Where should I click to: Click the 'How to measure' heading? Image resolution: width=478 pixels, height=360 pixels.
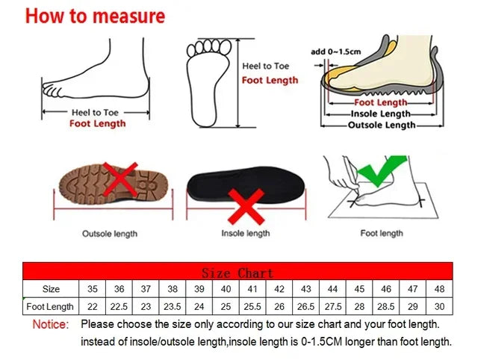point(95,16)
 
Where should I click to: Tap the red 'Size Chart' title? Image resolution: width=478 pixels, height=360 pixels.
point(238,273)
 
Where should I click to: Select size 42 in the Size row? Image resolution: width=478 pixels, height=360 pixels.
point(279,289)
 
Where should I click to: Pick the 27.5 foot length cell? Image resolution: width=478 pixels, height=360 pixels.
point(332,306)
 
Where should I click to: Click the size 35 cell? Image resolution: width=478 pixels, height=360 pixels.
point(92,289)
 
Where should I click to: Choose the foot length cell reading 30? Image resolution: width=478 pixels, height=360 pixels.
point(439,306)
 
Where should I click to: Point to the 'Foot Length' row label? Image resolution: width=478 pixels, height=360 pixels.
point(50,306)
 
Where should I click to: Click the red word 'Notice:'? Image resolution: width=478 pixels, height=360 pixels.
point(51,324)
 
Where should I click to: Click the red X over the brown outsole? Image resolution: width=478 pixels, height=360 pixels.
point(121,179)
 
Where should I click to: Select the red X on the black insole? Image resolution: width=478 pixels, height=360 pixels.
point(246,206)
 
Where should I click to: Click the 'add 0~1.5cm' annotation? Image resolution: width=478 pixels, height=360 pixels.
point(335,52)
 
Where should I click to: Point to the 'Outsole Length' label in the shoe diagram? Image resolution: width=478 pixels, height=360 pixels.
point(382,125)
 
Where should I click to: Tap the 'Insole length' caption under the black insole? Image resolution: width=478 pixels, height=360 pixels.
point(246,234)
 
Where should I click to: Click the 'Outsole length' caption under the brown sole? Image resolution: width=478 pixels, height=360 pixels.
point(110,234)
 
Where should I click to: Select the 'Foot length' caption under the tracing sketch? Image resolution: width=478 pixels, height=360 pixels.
point(382,234)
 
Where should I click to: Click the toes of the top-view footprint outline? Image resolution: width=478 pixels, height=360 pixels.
point(209,47)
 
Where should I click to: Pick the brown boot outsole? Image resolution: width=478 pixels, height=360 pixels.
point(114,184)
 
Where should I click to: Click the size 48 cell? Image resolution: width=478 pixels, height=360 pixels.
point(439,289)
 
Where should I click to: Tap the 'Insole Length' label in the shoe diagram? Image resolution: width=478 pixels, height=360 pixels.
point(381,114)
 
